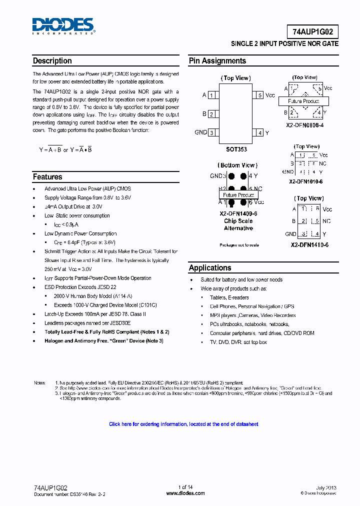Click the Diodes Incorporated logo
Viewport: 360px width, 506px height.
coord(63,25)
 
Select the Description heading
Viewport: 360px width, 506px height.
coord(52,61)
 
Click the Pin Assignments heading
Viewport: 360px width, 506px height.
coord(217,61)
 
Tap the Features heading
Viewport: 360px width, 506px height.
coord(47,177)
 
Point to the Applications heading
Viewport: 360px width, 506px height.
coord(210,268)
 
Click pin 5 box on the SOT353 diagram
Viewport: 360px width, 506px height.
coord(259,95)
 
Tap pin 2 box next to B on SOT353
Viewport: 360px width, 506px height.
coord(212,114)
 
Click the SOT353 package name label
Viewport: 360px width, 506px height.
coord(236,149)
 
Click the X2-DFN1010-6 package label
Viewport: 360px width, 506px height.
coord(305,181)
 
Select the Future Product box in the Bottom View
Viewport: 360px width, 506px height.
coord(238,195)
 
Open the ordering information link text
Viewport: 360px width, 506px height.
coord(183,424)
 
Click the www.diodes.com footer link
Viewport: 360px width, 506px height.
coord(185,493)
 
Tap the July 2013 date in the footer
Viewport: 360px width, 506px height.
coord(326,487)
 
